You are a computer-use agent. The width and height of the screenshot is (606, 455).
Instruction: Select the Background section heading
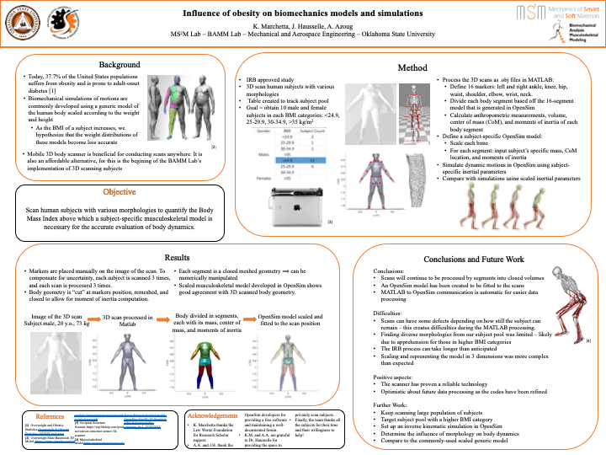click(x=120, y=65)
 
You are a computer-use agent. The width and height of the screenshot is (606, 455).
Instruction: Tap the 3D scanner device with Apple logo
click(x=295, y=203)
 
